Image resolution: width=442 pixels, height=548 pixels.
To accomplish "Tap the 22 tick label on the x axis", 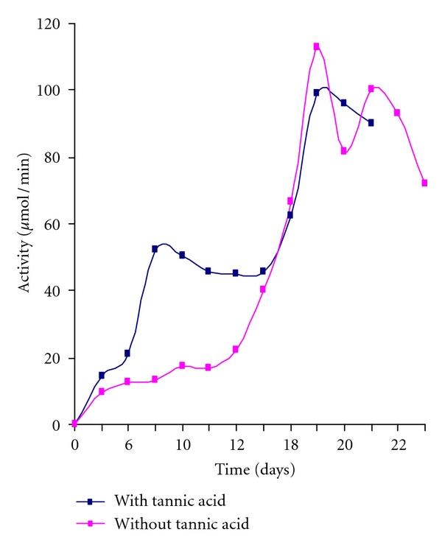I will (x=399, y=446).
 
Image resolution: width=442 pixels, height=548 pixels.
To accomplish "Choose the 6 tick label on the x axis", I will (x=128, y=446).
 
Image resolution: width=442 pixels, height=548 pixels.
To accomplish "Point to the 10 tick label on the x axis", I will (x=182, y=446).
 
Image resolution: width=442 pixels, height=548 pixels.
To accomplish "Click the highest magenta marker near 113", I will (x=317, y=46).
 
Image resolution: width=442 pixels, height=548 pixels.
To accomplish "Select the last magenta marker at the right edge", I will (x=424, y=183).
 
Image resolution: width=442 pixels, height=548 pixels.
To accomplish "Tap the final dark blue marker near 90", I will (x=371, y=123).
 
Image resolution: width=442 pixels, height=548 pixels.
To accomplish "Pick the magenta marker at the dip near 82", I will (x=343, y=151).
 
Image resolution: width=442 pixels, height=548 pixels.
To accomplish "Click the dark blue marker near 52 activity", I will (x=155, y=249).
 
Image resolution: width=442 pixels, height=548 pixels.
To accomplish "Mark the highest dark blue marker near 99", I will (x=317, y=93).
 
